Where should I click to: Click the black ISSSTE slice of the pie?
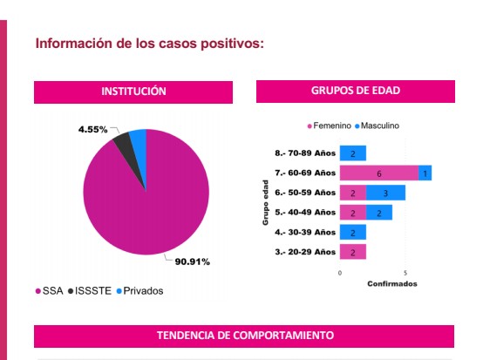(x=126, y=147)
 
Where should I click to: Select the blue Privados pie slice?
(x=139, y=143)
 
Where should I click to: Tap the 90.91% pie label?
(x=192, y=262)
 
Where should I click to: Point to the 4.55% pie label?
(x=92, y=129)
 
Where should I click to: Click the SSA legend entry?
(x=50, y=291)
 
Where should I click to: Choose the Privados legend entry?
(x=139, y=291)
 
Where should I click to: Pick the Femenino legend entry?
(x=330, y=126)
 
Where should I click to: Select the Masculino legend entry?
(x=377, y=126)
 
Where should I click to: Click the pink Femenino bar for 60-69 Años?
(x=379, y=173)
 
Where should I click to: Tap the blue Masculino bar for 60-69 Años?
(x=425, y=173)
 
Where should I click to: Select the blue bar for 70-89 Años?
(x=353, y=153)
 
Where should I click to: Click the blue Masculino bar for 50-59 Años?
(x=385, y=193)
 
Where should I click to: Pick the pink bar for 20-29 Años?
(x=353, y=252)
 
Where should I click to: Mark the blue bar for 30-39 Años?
(x=353, y=232)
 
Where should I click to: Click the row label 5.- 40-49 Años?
(x=305, y=212)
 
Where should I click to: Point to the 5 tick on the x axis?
(x=405, y=273)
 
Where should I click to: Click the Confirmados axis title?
(x=392, y=283)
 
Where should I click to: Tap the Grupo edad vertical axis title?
(x=265, y=202)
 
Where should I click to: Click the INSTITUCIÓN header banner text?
(x=133, y=92)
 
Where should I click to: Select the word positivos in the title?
(x=232, y=44)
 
